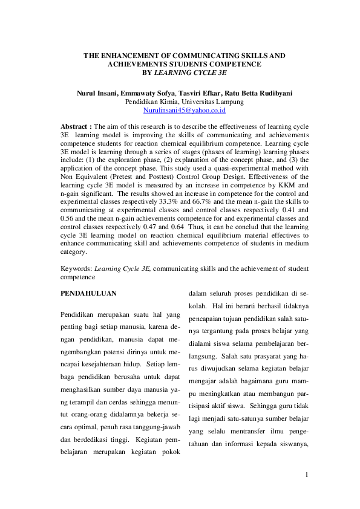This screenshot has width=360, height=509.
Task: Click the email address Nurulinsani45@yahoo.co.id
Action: [180, 111]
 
